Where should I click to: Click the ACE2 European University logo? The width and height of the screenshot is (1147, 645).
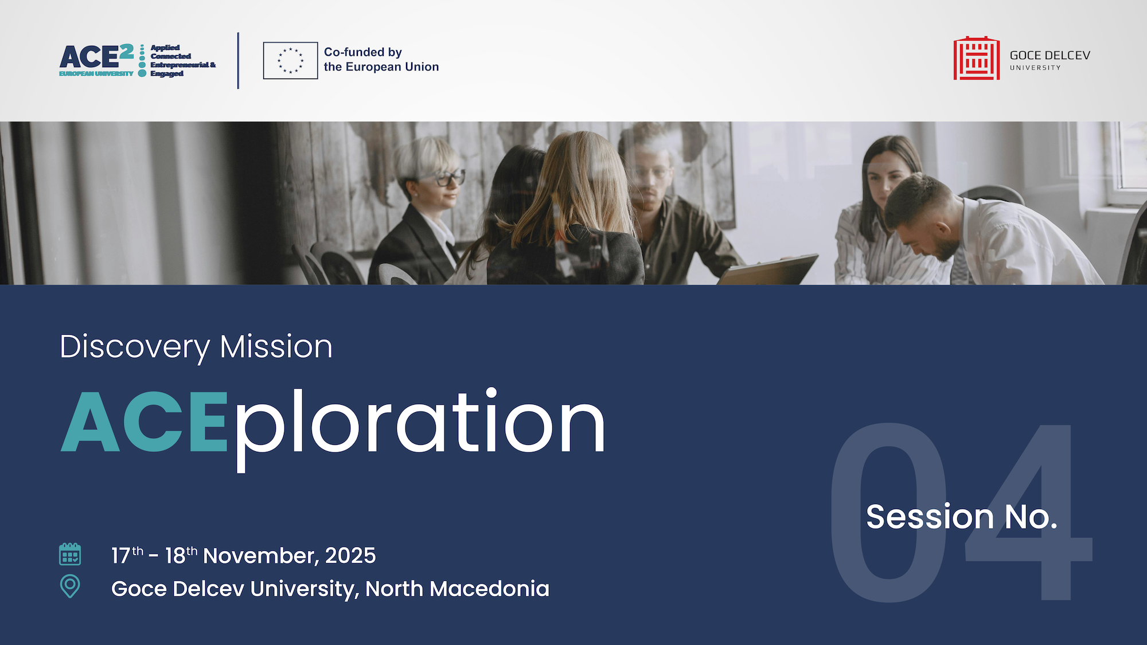tap(138, 60)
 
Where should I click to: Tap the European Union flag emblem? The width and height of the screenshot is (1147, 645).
tap(290, 60)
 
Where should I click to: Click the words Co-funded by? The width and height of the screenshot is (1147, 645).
tap(363, 52)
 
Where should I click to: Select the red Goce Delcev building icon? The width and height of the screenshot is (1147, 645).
tap(976, 58)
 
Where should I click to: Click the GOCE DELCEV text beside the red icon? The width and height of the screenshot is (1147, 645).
tap(1050, 55)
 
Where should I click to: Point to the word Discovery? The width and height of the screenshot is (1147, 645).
tap(135, 347)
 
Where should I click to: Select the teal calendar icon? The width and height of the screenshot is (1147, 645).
tap(70, 554)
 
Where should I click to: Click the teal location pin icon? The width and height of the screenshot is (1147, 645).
tap(70, 587)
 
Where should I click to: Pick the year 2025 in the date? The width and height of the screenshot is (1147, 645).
tap(350, 556)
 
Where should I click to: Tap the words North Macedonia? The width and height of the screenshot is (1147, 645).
tap(457, 589)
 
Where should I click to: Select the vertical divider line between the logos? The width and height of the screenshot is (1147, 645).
tap(238, 61)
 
